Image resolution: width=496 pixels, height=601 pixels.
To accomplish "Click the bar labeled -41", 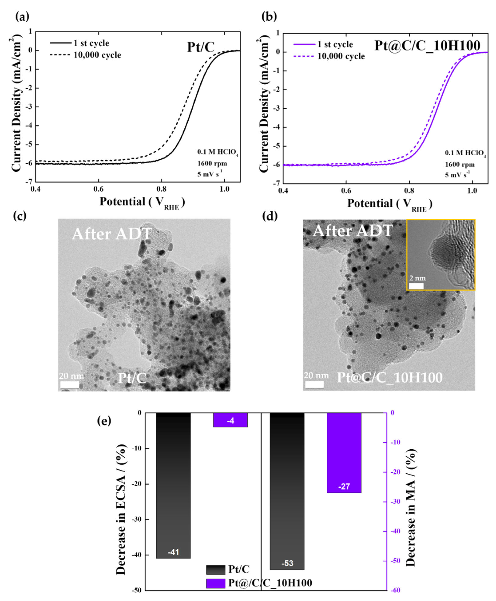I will [173, 486].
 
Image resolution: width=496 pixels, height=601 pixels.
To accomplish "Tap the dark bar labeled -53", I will [287, 492].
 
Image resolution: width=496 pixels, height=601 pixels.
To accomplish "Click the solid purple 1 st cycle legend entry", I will [323, 44].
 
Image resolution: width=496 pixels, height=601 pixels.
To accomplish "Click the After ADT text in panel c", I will [112, 234].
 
